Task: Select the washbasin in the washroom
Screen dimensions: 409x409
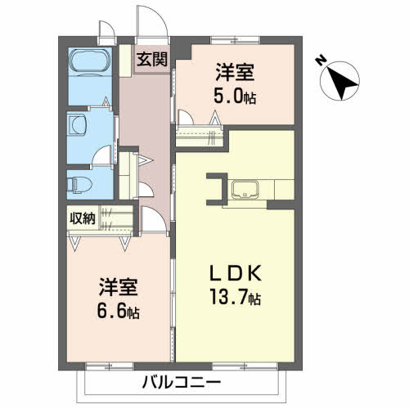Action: pos(79,124)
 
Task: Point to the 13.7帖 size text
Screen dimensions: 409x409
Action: pos(233,298)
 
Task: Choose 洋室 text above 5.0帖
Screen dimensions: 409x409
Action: pos(235,70)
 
